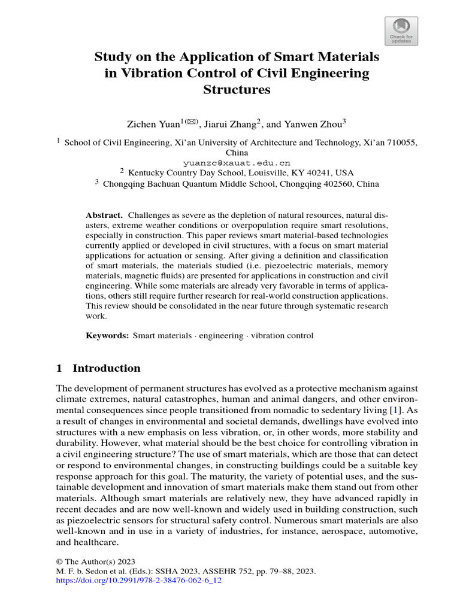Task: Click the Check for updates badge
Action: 400,31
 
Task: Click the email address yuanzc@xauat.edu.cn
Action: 237,162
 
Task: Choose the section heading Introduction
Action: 107,368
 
